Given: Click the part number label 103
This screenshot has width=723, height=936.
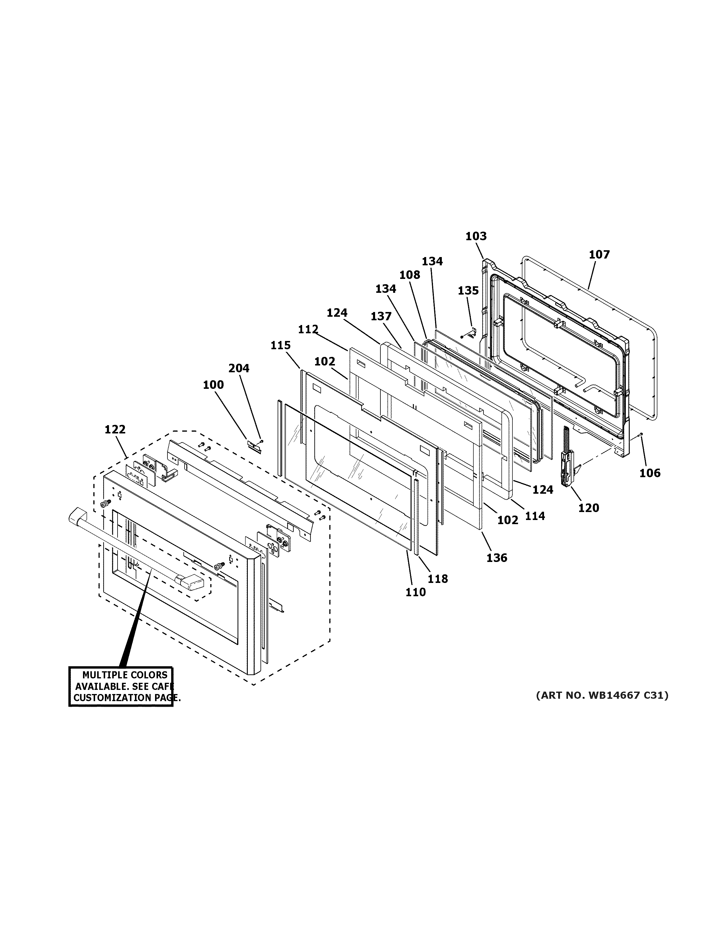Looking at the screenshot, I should click(x=476, y=236).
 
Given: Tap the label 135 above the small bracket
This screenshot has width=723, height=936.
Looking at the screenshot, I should click(x=468, y=290).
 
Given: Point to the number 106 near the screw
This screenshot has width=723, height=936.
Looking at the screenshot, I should click(x=650, y=473).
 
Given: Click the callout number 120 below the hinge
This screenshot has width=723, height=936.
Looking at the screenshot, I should click(x=589, y=508).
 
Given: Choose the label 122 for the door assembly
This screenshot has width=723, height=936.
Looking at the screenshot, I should click(x=115, y=429).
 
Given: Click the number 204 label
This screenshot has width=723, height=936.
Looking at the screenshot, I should click(x=239, y=368).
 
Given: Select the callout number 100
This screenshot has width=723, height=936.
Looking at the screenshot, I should click(x=213, y=385).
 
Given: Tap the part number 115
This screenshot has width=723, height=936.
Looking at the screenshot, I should click(x=281, y=345).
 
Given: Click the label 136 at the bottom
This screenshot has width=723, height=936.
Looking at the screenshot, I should click(x=497, y=558).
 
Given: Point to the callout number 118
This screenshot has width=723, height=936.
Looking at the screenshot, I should click(x=438, y=578).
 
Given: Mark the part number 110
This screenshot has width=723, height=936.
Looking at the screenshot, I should click(x=416, y=592).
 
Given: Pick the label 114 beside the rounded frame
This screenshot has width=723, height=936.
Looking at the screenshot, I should click(x=535, y=516).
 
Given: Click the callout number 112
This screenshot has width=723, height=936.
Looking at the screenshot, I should click(x=308, y=329).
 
